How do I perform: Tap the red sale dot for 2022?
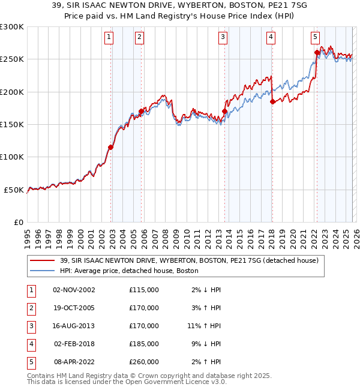316,53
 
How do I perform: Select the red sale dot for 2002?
111,147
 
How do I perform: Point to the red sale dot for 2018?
272,101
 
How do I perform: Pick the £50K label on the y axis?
14,190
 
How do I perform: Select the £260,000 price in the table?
144,362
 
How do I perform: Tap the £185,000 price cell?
144,344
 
